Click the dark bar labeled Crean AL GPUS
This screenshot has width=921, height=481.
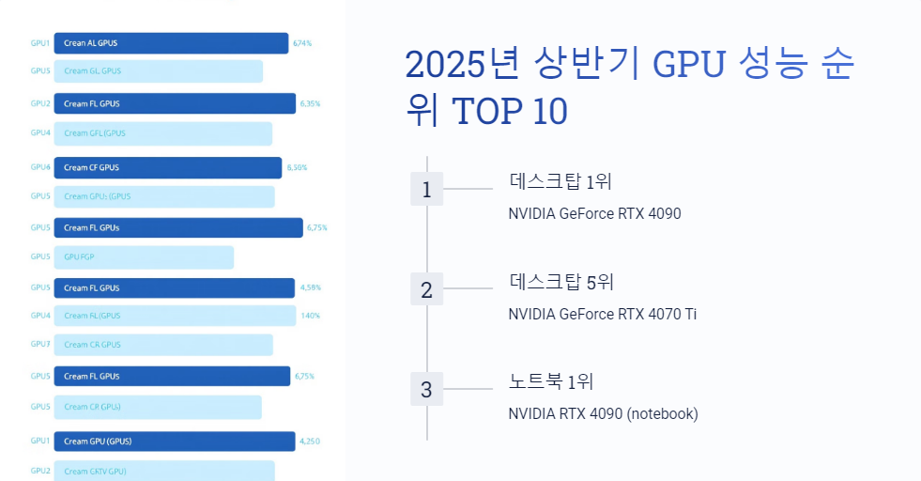[x=171, y=43]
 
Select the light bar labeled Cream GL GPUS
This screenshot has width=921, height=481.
[x=158, y=71]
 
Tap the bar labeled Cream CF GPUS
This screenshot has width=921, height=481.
[x=167, y=168]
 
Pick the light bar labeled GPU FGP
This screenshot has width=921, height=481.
[x=144, y=256]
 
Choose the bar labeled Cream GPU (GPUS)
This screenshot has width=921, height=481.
[x=174, y=441]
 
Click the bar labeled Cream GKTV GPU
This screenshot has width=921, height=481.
[x=163, y=471]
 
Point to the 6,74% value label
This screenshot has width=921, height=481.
[x=302, y=43]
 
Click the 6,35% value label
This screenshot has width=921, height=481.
[x=310, y=104]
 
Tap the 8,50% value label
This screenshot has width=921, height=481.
[x=297, y=168]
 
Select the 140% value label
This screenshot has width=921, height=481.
[x=311, y=316]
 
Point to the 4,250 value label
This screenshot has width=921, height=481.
[x=310, y=441]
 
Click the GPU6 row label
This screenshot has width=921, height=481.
[x=40, y=168]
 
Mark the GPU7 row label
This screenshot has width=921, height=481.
[x=40, y=345]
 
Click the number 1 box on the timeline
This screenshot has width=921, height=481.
[x=426, y=190]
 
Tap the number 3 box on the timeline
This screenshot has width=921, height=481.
[x=426, y=389]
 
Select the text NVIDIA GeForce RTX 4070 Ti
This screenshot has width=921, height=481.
[x=602, y=314]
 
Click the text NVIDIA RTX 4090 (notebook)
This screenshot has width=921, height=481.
[x=603, y=413]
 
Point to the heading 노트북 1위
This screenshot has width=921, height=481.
[x=551, y=381]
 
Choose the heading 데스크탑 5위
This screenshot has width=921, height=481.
[x=561, y=282]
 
